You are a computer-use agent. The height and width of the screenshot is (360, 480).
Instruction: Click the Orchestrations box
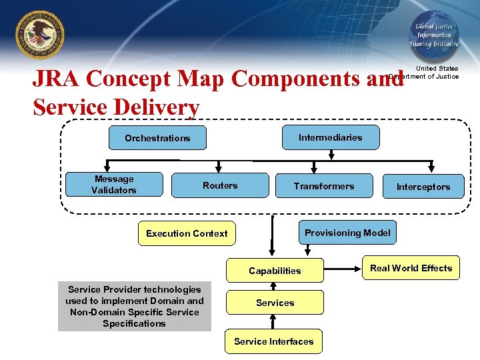point(157,138)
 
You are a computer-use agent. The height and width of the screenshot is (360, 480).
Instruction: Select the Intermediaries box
point(331,137)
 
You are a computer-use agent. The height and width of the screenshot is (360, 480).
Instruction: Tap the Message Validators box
point(114,185)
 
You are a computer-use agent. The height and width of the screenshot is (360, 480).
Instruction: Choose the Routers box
point(220,185)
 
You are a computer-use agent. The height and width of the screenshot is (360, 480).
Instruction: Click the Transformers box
point(324,186)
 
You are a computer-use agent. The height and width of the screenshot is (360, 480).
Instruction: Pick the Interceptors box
point(423,187)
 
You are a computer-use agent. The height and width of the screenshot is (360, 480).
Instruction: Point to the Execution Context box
point(187,233)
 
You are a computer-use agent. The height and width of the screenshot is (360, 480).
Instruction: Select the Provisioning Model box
point(347,233)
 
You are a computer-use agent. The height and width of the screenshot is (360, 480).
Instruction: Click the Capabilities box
point(275,271)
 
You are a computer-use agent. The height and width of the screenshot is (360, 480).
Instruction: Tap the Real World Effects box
point(411,268)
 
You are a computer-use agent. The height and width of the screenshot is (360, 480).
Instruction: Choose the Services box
point(275,303)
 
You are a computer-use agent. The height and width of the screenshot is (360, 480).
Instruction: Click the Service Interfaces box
point(273,341)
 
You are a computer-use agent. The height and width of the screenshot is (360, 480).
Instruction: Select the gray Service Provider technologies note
point(135,307)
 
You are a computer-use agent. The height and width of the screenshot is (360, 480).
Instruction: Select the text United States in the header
point(437,69)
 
